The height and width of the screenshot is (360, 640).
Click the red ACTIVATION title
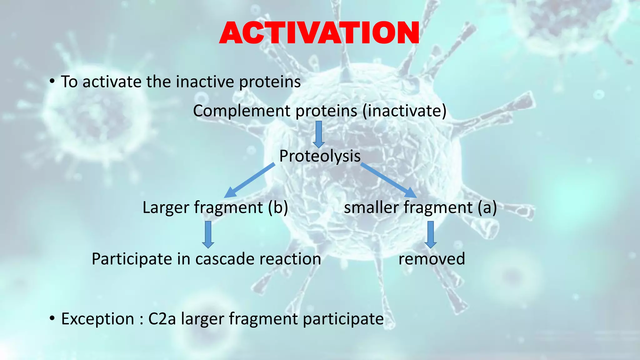(319, 33)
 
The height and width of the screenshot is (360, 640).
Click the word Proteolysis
(320, 156)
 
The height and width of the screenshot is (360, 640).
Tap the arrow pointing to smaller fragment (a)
(389, 181)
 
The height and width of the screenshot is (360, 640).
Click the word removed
(432, 259)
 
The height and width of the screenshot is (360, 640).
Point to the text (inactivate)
(404, 111)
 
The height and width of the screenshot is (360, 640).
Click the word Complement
(242, 111)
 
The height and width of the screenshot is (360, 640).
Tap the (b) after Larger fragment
(278, 207)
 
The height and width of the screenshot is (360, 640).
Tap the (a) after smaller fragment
(487, 207)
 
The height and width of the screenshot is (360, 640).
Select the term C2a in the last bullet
(162, 319)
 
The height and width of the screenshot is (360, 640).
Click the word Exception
(97, 319)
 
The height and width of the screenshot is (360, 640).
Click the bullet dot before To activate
(52, 82)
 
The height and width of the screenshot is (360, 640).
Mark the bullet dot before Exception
(52, 319)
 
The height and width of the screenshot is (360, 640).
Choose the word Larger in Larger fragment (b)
(166, 207)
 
